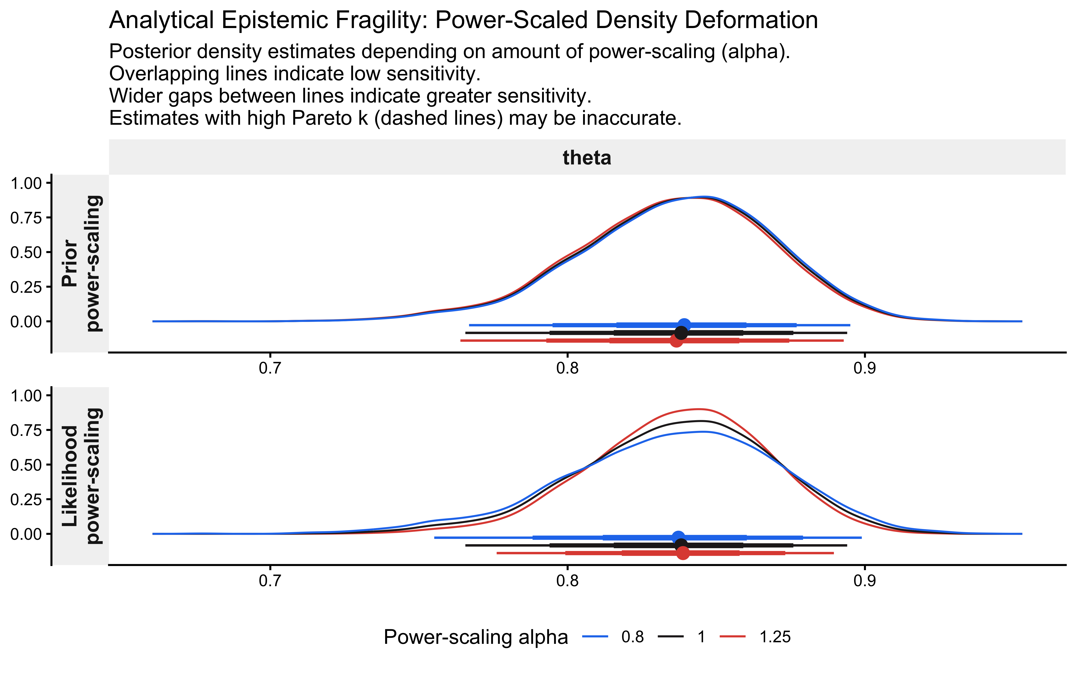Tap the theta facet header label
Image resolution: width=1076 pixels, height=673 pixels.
click(x=587, y=158)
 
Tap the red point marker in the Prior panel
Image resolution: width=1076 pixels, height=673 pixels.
click(x=676, y=341)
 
